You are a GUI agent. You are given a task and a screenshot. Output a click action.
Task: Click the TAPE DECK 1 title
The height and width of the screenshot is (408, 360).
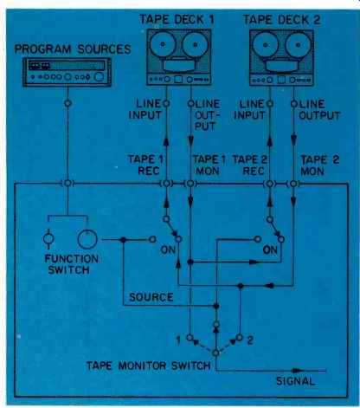point(177,19)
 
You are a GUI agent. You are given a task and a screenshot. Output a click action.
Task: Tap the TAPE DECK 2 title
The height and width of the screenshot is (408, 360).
point(281,20)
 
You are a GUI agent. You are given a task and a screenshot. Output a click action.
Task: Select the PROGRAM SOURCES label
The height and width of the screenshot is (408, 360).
point(73,49)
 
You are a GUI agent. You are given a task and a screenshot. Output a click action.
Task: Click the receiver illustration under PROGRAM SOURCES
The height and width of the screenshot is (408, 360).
point(67,72)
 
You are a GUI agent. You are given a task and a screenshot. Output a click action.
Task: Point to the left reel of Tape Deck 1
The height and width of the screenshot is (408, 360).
point(163,44)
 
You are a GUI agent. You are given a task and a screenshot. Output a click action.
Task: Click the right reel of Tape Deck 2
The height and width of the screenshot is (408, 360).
point(298,45)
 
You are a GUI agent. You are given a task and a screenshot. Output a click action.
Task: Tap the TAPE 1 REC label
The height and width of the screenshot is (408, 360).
point(145,165)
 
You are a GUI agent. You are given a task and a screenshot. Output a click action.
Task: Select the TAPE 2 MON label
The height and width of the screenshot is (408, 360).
point(319,165)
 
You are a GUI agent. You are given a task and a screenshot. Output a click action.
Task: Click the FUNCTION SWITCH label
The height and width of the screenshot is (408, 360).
point(71,264)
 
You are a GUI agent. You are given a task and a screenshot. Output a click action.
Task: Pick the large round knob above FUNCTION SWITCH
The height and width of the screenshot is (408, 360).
point(87,239)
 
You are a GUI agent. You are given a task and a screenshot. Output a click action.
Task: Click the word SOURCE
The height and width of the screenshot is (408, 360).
point(151,297)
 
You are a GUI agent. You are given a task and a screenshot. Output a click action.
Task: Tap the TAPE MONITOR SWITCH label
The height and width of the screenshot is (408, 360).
point(149,366)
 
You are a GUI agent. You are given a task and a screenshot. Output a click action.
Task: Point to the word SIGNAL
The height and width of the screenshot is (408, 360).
point(295,381)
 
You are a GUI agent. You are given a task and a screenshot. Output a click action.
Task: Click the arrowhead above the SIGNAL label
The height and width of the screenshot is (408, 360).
point(298,370)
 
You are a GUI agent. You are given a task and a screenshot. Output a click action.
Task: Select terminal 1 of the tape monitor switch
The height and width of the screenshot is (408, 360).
point(190,337)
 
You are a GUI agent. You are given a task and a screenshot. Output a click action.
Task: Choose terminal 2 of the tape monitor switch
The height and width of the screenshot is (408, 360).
point(240,337)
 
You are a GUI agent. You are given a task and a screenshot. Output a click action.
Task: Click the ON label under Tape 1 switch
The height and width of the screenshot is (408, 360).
point(168,249)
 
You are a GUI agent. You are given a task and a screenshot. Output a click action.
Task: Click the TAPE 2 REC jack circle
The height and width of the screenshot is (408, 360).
point(270,184)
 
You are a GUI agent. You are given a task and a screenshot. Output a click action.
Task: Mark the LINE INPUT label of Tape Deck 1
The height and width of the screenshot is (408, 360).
point(145,109)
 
